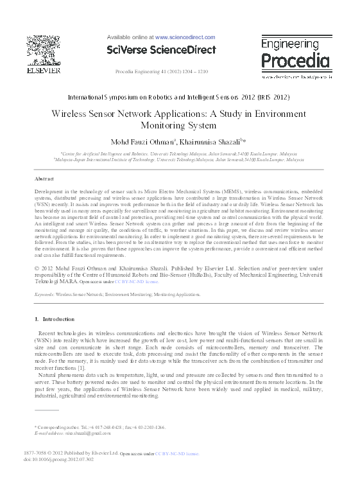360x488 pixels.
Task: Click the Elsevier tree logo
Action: [44, 48]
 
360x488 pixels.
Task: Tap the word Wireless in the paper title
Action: [74, 114]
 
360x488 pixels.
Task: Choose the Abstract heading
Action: [43, 179]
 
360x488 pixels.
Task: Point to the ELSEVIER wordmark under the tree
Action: [44, 71]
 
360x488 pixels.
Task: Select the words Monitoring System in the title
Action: [180, 126]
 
